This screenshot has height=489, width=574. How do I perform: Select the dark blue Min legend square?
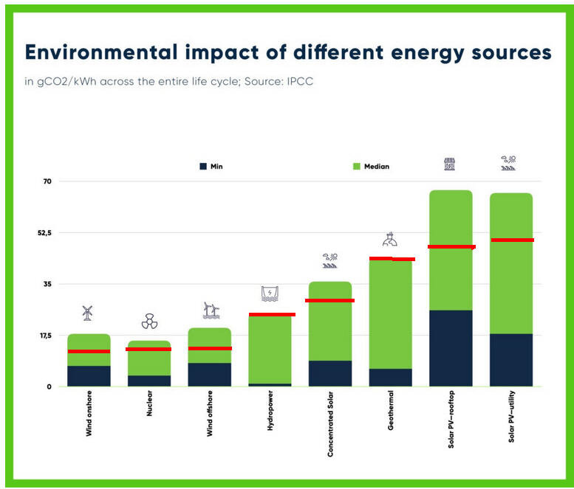[203, 167]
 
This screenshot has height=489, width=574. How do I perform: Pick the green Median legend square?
[357, 167]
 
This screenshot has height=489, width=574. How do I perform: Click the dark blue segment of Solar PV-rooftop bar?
[451, 347]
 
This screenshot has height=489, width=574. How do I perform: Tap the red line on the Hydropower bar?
[271, 315]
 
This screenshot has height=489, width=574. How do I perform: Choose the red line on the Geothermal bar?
[392, 259]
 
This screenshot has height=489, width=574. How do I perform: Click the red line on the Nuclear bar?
[148, 349]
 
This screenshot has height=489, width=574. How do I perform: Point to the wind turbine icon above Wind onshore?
[87, 313]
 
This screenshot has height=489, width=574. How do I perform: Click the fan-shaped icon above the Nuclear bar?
[149, 322]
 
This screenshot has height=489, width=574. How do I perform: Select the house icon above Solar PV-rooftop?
[449, 164]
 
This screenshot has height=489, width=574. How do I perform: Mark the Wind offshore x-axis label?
[210, 417]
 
